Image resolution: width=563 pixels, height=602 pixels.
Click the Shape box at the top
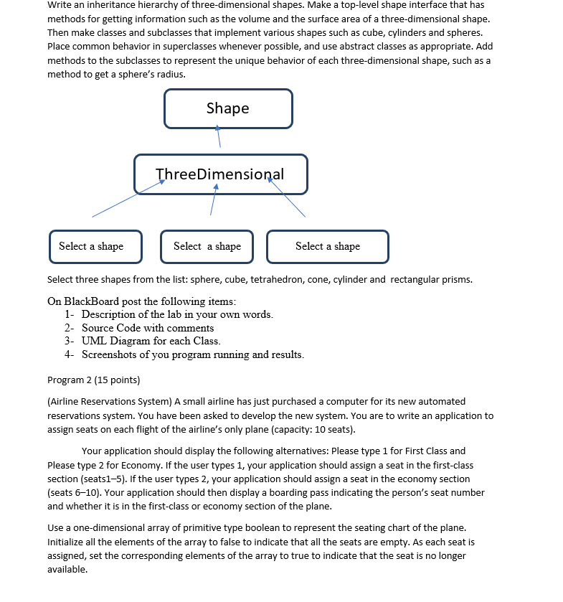[228, 108]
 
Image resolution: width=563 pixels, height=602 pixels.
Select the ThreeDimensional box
[220, 174]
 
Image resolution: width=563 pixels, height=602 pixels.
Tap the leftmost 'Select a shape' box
[95, 246]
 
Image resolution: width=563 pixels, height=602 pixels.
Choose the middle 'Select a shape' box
[207, 246]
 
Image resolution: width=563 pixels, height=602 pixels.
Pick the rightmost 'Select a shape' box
[328, 246]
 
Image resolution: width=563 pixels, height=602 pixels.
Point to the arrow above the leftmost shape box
[127, 199]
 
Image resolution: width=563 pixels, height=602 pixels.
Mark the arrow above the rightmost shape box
[287, 198]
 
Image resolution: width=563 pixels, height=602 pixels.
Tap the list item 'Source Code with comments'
[148, 328]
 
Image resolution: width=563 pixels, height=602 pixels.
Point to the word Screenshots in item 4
[111, 354]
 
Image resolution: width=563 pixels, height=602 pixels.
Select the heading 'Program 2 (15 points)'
[93, 380]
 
